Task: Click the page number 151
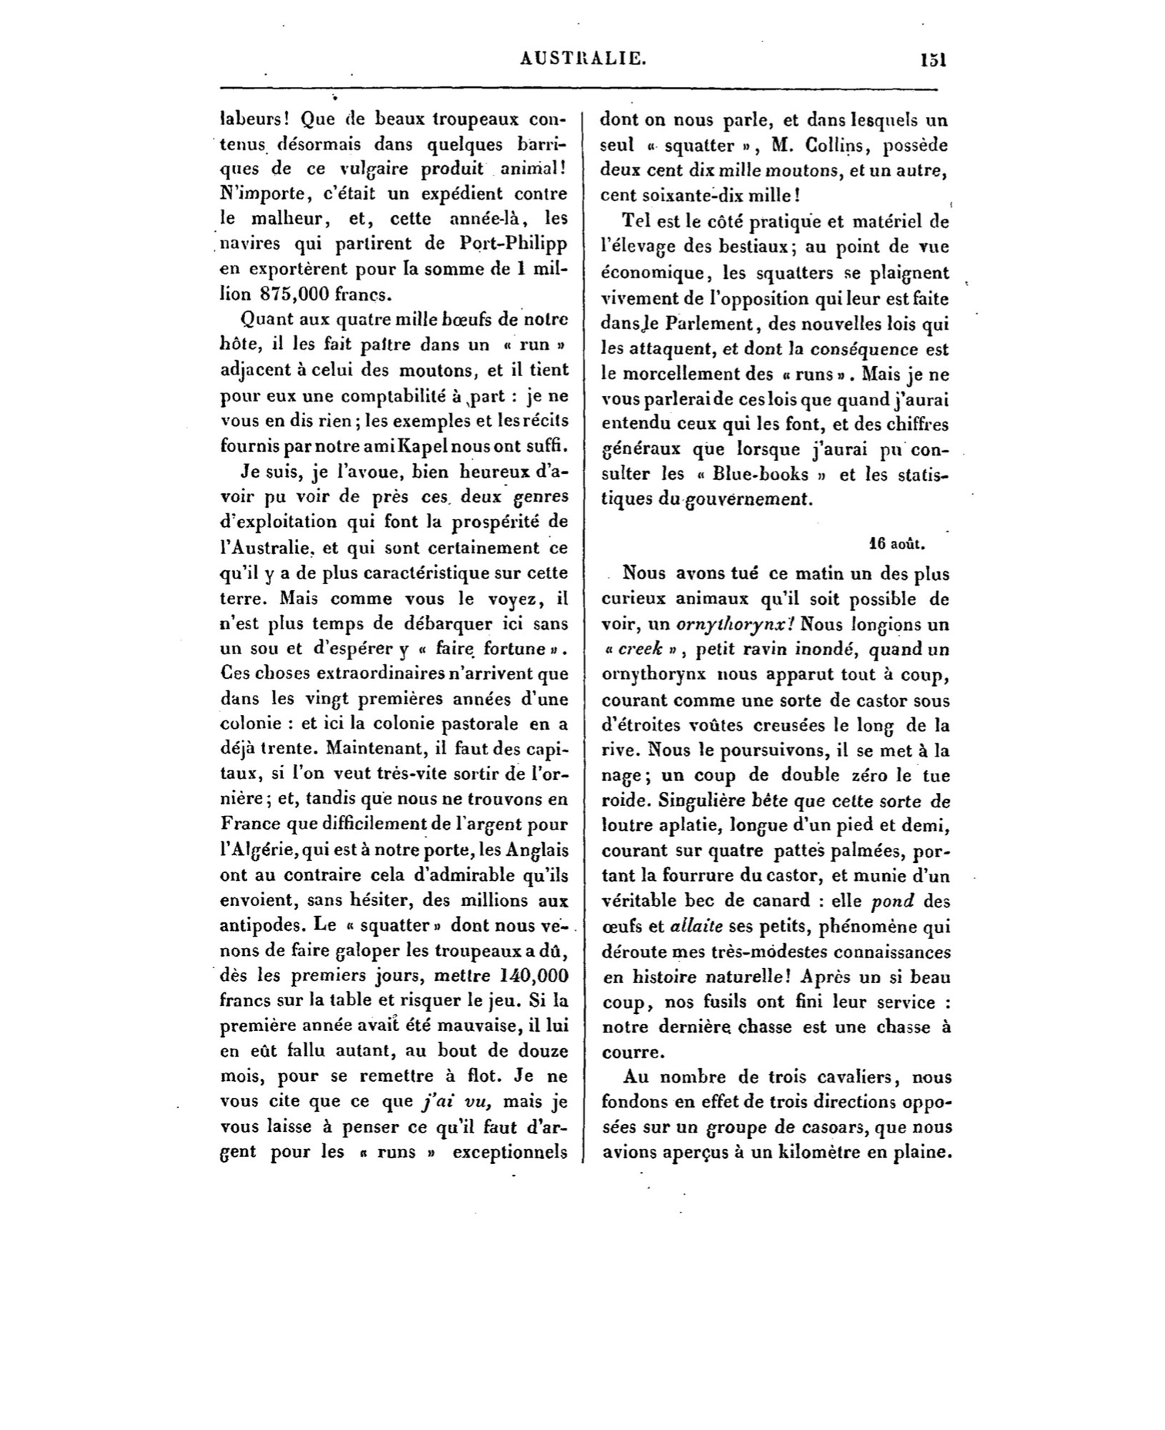(933, 61)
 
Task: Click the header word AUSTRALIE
(584, 61)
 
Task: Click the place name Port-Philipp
(510, 243)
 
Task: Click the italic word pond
(893, 902)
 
